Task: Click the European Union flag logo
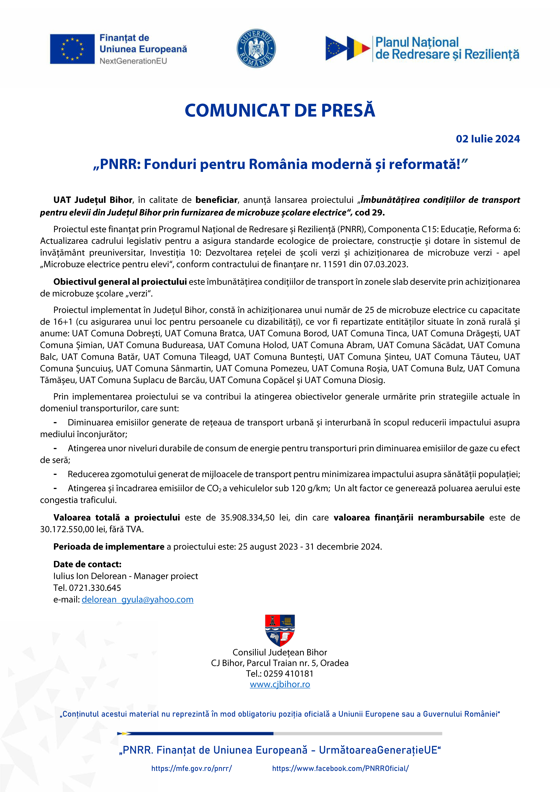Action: [72, 49]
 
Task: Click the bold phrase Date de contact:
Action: [87, 564]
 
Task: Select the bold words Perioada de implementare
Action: [109, 547]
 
